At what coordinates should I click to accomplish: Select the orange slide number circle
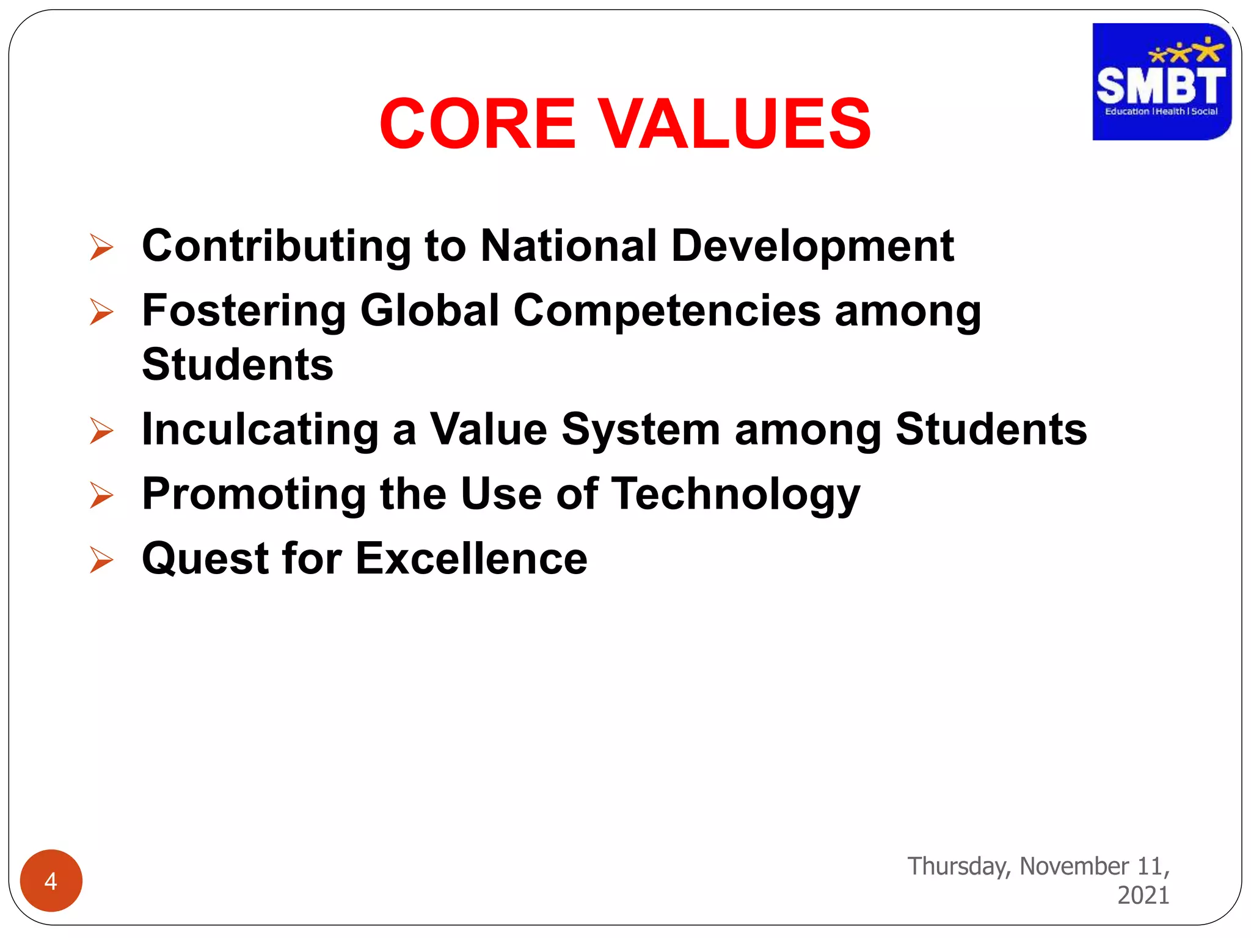pos(51,881)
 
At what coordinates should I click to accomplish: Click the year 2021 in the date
pos(1143,895)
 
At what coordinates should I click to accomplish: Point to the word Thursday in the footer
pos(959,867)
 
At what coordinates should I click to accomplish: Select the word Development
pos(812,246)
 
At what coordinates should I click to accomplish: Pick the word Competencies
pos(666,311)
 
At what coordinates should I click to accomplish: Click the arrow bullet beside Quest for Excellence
pos(101,559)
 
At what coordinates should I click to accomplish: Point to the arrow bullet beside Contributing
pos(101,247)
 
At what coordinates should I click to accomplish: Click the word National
pos(569,246)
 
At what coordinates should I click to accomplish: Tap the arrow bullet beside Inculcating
pos(101,431)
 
